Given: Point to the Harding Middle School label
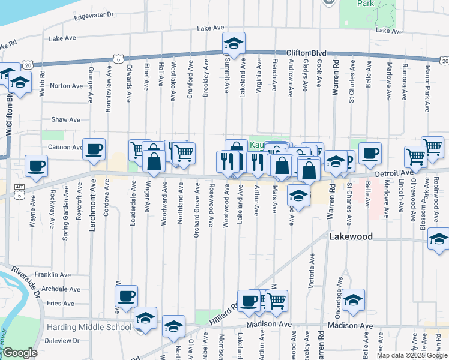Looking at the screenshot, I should (x=89, y=327).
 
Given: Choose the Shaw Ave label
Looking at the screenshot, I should (x=66, y=120).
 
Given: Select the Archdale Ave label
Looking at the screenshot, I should (x=61, y=289).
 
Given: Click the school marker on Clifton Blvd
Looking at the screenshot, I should (x=234, y=43).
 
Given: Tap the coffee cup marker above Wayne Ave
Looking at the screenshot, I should (x=36, y=166).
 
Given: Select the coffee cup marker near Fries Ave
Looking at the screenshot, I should (x=126, y=296).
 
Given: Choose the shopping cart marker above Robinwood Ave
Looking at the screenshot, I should (x=432, y=146).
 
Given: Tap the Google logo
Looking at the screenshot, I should (x=20, y=353).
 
